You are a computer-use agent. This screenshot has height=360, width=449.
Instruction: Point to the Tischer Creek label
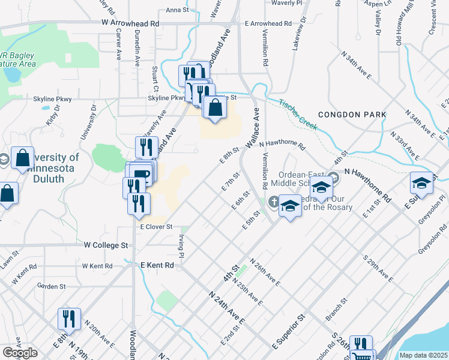[298, 113]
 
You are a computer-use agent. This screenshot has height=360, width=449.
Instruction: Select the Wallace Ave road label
[253, 128]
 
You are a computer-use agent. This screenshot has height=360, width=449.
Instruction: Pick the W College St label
[106, 245]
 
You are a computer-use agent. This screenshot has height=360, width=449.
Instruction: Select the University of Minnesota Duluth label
[53, 163]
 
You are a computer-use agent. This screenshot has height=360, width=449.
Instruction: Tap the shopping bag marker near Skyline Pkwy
[214, 108]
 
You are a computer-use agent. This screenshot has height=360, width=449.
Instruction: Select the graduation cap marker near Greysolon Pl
[422, 183]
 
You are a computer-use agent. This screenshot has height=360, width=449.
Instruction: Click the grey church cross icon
[274, 202]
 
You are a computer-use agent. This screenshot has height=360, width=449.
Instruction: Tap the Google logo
[20, 353]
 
